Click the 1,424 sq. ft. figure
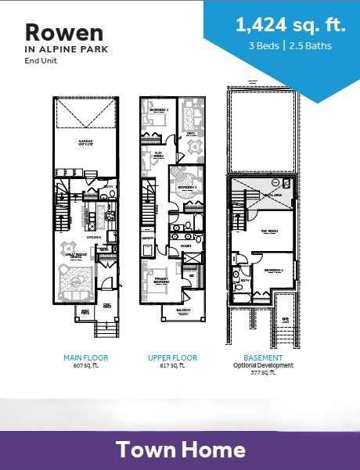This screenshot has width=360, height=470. tap(290, 25)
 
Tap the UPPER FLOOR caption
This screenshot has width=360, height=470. tap(172, 357)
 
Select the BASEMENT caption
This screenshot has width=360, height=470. tap(263, 357)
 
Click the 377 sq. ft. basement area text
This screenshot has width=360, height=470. tap(263, 374)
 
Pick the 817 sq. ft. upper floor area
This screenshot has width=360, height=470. tap(172, 365)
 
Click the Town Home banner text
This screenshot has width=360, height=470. tap(180, 450)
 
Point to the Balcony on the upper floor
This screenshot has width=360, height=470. tap(183, 311)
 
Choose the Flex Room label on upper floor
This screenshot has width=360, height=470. tap(157, 154)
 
